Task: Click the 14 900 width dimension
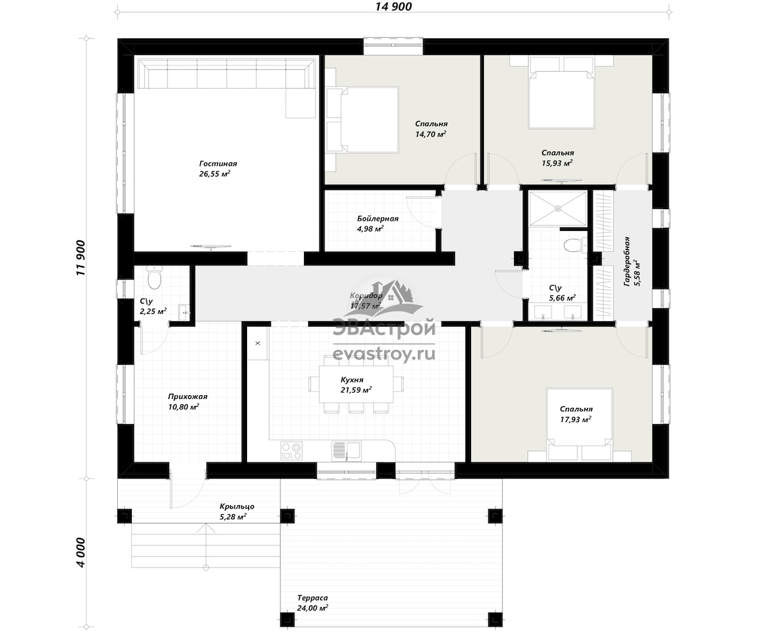pos(394,6)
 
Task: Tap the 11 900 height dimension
pos(81,258)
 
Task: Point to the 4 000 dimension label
pos(81,553)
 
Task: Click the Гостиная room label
pos(218,164)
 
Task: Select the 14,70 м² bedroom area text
pos(431,134)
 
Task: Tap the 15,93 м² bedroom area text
pos(557,163)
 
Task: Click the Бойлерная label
pos(378,219)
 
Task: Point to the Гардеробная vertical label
pos(627,261)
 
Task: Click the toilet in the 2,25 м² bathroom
pos(154,278)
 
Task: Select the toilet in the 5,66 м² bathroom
pos(575,245)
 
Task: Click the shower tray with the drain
pos(557,208)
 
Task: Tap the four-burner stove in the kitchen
pos(291,451)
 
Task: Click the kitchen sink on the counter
pos(346,451)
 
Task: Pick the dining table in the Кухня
pos(356,384)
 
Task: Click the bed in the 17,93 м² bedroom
pos(579,425)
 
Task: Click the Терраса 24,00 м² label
pos(313,603)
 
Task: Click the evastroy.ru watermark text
pos(384,354)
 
